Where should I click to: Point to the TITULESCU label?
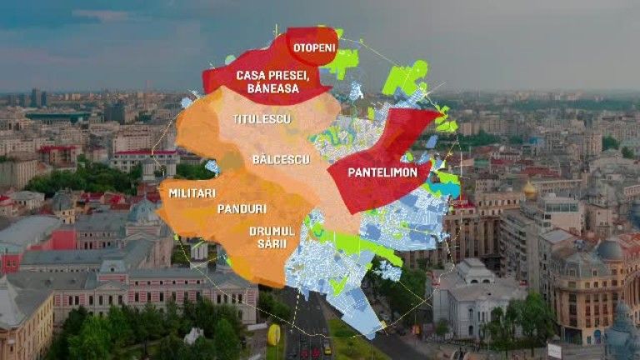(262, 119)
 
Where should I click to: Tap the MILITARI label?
(192, 192)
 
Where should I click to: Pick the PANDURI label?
(242, 208)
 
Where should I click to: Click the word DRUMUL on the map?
(272, 231)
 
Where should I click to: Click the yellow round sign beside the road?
(273, 335)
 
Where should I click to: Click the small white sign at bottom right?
(554, 350)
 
